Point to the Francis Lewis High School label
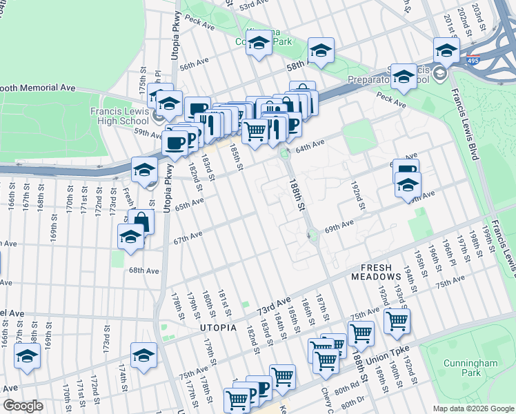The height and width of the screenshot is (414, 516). point(129,115)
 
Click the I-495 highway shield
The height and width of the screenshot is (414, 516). point(473,61)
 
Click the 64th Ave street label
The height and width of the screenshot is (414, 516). point(310,144)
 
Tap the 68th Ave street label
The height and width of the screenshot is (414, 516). point(143,270)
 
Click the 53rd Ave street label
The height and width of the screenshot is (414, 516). point(253,6)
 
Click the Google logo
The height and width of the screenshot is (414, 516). point(23,406)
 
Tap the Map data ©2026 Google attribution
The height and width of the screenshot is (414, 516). point(473,408)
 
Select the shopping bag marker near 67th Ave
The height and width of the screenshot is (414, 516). point(141,221)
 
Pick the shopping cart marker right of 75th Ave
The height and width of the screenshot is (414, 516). point(397,320)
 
